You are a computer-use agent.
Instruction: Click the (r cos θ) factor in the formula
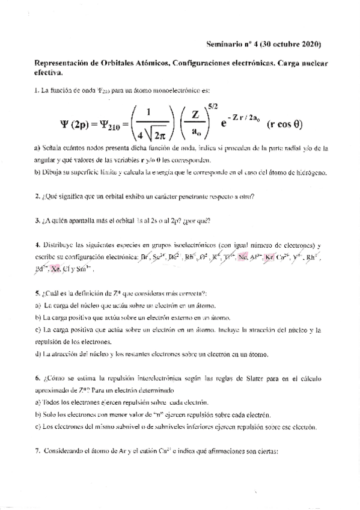284,125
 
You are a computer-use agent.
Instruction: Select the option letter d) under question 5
38,354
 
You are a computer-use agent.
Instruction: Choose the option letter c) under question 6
38,427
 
